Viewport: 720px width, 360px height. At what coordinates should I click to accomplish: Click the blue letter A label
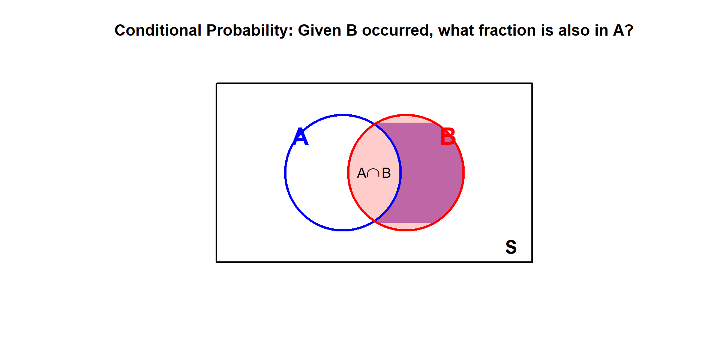click(301, 136)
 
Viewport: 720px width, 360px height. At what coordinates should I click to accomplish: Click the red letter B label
click(448, 136)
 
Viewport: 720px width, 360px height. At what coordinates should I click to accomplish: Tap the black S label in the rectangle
click(511, 247)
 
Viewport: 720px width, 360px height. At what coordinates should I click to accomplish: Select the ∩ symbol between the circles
click(373, 173)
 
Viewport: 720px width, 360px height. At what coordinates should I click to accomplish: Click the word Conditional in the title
click(158, 30)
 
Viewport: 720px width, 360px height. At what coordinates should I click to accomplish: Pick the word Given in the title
click(319, 30)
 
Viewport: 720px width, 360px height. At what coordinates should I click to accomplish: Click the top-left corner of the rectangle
click(217, 83)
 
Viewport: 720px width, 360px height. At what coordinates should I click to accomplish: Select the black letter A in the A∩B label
click(362, 173)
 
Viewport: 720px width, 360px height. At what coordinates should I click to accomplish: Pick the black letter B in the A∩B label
click(386, 173)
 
